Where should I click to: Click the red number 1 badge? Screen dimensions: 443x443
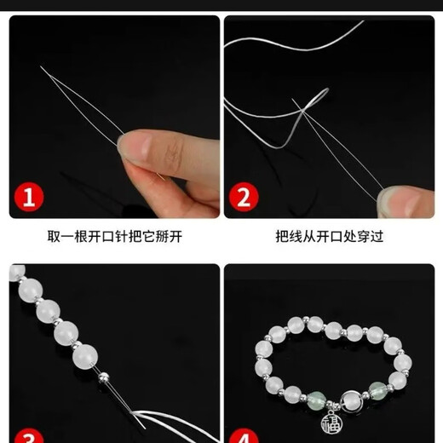29,198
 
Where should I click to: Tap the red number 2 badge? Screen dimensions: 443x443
243,198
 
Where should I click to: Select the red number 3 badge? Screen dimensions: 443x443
29,436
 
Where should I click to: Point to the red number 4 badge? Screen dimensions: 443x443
243,437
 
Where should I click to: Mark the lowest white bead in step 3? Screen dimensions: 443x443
86,354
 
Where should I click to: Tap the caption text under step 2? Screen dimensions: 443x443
328,236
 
